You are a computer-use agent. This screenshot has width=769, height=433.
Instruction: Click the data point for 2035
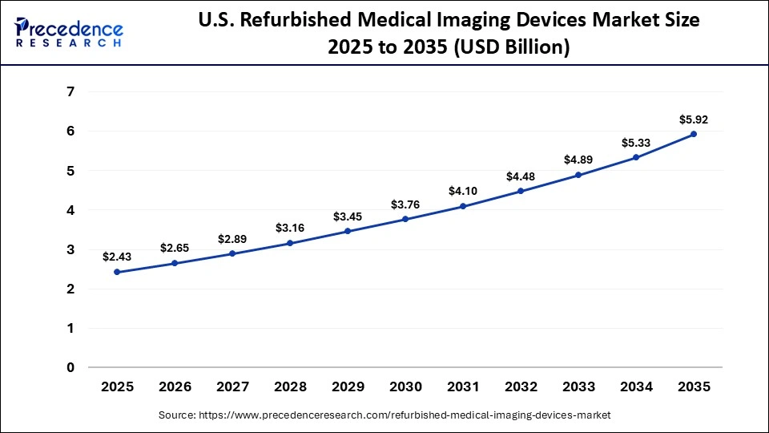pos(694,134)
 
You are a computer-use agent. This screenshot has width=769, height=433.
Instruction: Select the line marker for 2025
pos(117,272)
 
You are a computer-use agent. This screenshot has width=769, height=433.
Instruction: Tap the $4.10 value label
pos(463,191)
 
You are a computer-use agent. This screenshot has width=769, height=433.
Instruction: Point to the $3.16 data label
pos(290,228)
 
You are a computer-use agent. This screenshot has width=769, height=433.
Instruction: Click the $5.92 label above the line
pos(694,119)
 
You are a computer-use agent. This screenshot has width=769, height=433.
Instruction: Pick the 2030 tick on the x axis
pos(405,386)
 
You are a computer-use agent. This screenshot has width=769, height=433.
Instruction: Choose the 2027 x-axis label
pos(232,386)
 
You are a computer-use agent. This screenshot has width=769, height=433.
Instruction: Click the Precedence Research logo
pos(69,31)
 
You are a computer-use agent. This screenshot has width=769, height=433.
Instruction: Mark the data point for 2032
pos(521,191)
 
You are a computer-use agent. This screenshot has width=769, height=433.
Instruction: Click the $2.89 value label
pos(232,239)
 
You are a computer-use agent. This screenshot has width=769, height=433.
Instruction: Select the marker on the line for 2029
pos(348,231)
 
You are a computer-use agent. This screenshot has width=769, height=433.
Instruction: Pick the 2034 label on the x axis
pos(636,386)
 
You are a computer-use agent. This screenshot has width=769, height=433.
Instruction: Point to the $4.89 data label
pos(578,160)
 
